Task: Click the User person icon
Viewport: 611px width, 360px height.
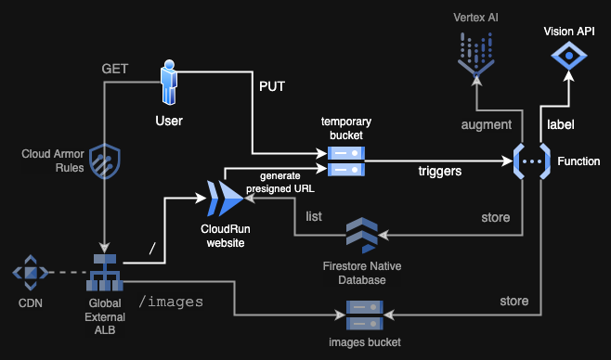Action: pyautogui.click(x=169, y=84)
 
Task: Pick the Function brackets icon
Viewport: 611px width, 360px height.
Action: pyautogui.click(x=529, y=161)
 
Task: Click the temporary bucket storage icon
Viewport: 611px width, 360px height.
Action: pyautogui.click(x=344, y=160)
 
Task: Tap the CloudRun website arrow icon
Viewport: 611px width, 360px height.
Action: pyautogui.click(x=225, y=196)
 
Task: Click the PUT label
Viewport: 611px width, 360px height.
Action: pyautogui.click(x=271, y=88)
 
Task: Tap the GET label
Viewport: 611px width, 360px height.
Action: pyautogui.click(x=114, y=69)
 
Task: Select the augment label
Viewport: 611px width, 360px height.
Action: pyautogui.click(x=487, y=124)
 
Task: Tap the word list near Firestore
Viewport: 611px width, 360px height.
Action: pyautogui.click(x=314, y=216)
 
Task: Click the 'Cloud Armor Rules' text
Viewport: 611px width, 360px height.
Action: pyautogui.click(x=52, y=161)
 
